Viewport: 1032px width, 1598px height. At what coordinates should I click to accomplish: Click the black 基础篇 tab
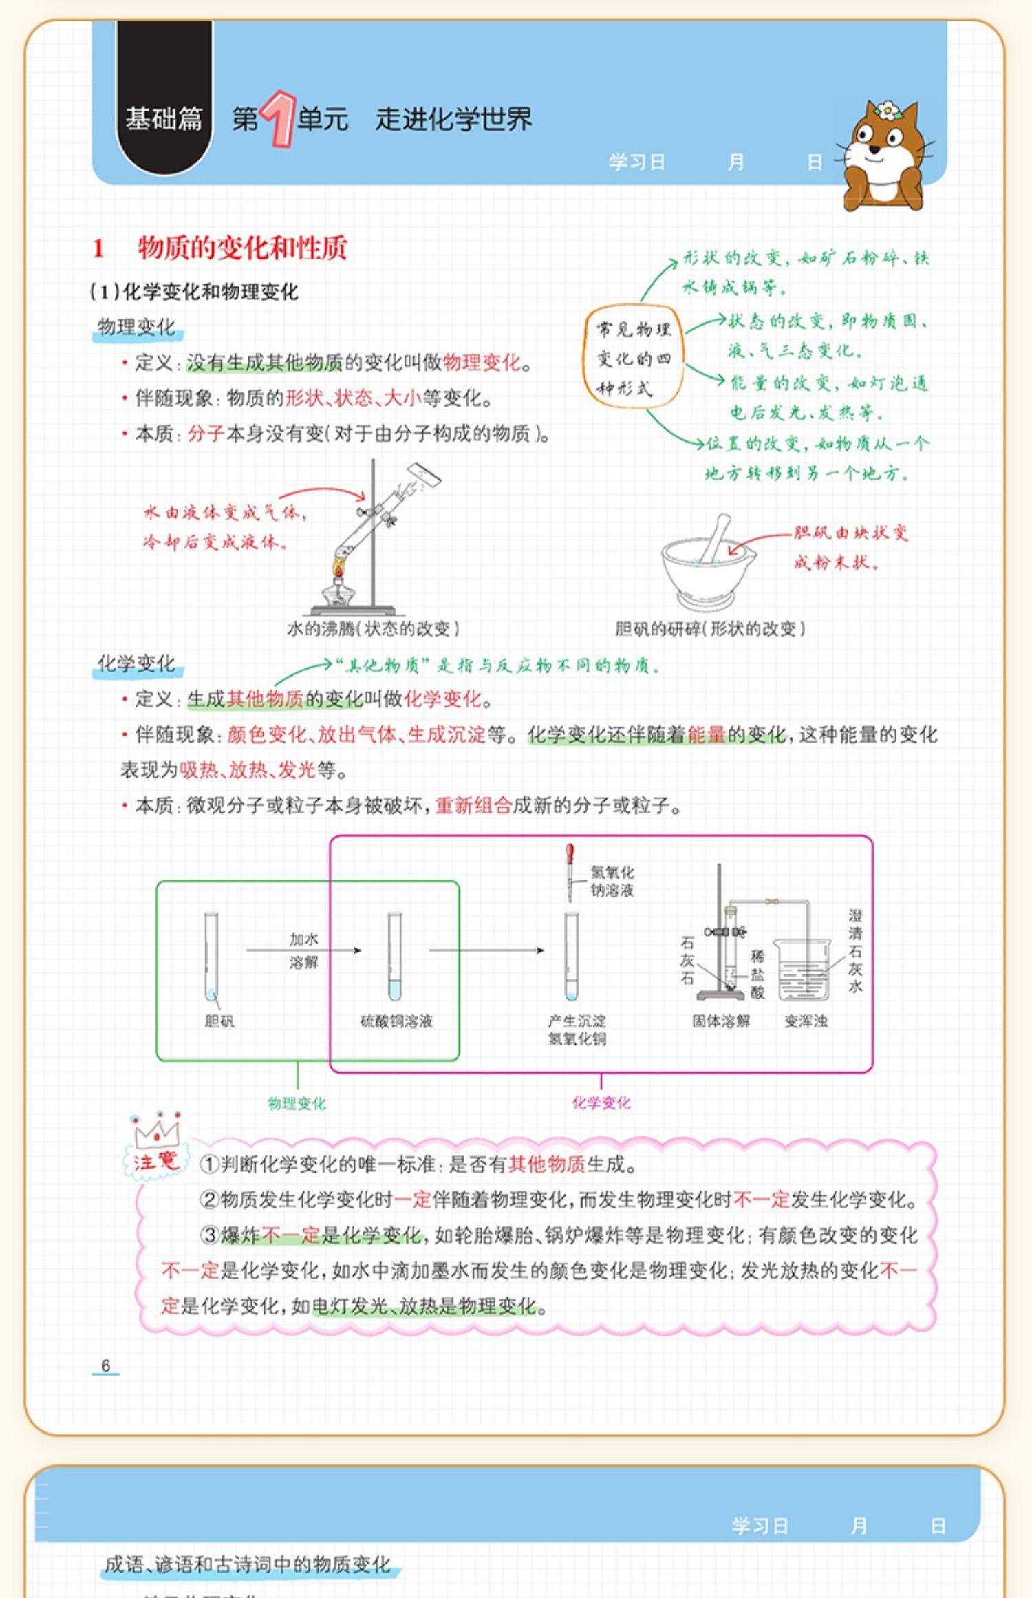pyautogui.click(x=164, y=118)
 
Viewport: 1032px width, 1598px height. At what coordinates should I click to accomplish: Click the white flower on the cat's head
pyautogui.click(x=888, y=110)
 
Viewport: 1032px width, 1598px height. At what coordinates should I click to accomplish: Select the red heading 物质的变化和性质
pyautogui.click(x=242, y=248)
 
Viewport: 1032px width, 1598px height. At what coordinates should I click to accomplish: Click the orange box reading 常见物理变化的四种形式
pyautogui.click(x=633, y=358)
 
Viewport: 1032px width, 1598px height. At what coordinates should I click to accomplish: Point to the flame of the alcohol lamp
pyautogui.click(x=339, y=567)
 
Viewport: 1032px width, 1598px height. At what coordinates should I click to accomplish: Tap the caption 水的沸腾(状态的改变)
pyautogui.click(x=372, y=628)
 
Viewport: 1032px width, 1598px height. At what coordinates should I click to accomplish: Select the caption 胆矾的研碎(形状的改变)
pyautogui.click(x=709, y=628)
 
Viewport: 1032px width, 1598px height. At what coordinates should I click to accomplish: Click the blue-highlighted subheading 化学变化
pyautogui.click(x=136, y=663)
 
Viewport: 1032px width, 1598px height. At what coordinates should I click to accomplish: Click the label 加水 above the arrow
pyautogui.click(x=303, y=939)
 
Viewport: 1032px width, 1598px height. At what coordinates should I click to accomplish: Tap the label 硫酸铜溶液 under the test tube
pyautogui.click(x=396, y=1021)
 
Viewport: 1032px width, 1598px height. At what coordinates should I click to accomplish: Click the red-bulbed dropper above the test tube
pyautogui.click(x=570, y=871)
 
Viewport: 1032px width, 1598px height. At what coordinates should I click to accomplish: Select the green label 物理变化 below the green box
pyautogui.click(x=297, y=1104)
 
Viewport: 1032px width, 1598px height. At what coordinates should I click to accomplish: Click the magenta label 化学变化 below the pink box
pyautogui.click(x=601, y=1102)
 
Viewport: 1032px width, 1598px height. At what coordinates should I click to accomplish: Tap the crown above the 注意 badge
pyautogui.click(x=156, y=1131)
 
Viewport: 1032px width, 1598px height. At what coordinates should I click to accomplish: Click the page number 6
pyautogui.click(x=105, y=1365)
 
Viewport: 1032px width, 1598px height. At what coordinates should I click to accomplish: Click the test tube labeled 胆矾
pyautogui.click(x=211, y=957)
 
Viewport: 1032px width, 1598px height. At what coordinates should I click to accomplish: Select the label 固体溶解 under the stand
pyautogui.click(x=720, y=1021)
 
